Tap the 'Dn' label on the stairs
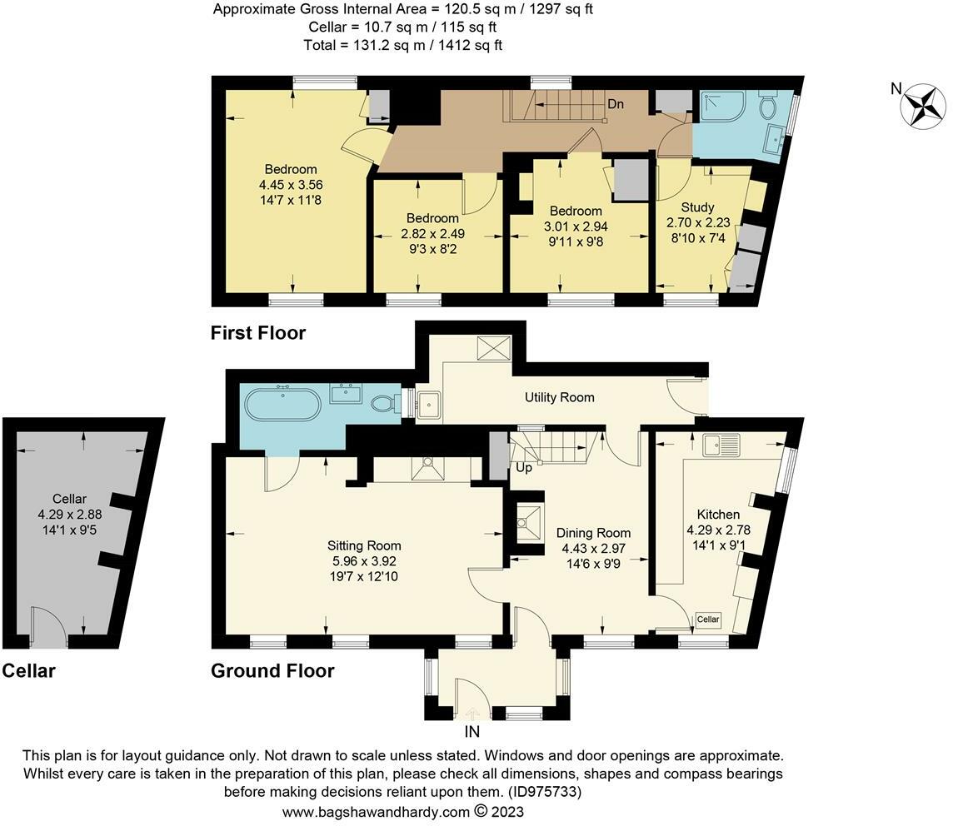tap(616, 104)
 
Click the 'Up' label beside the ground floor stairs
tap(523, 469)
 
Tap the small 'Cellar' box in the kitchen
tap(707, 619)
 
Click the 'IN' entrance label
tap(472, 732)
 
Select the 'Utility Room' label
tap(559, 397)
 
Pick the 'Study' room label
tap(697, 206)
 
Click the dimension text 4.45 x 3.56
tap(292, 185)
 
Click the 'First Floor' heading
tap(258, 333)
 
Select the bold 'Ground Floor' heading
tap(272, 670)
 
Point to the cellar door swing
tap(47, 626)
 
